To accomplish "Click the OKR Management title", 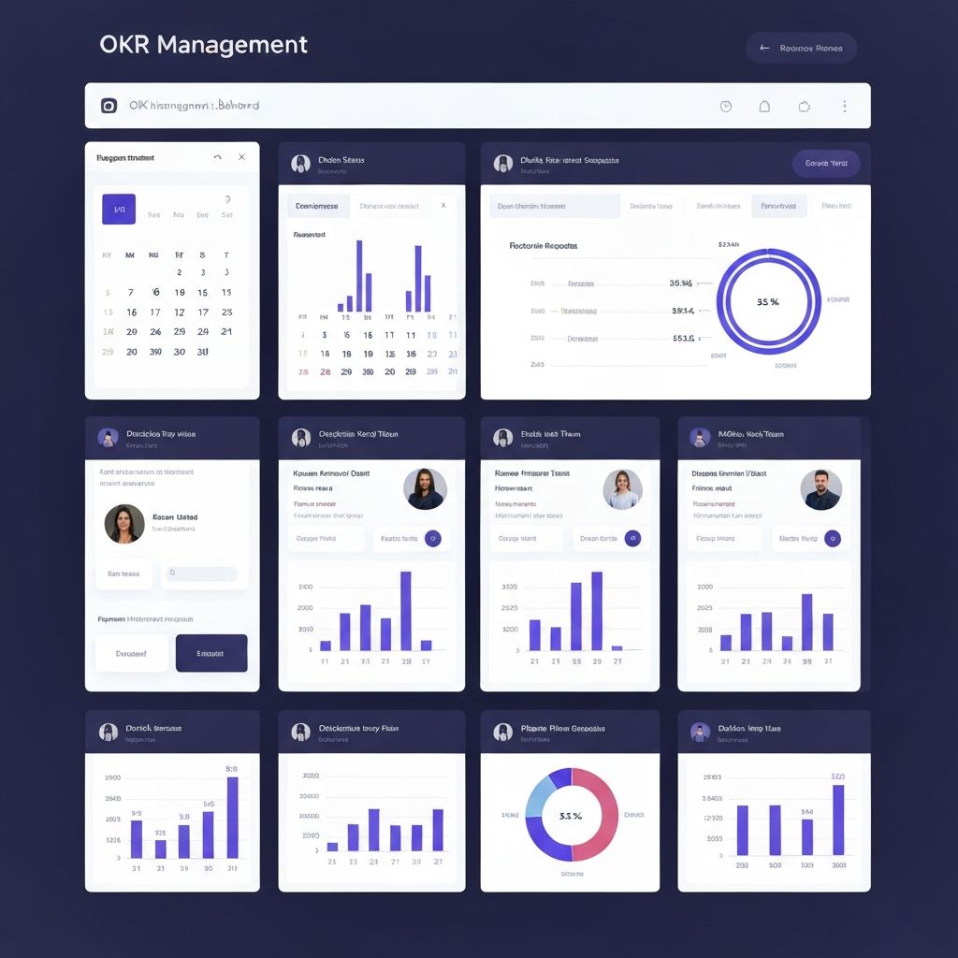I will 203,44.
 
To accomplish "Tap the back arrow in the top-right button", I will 764,48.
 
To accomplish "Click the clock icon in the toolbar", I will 726,107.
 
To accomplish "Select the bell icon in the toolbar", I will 764,107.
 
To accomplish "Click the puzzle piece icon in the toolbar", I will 804,107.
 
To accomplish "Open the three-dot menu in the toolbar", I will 845,107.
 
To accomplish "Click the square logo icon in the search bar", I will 109,106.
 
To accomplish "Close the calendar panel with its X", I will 241,157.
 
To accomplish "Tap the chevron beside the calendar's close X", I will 218,157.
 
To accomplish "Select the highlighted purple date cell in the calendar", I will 119,210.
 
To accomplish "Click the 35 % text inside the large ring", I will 768,302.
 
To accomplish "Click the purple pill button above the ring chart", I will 826,163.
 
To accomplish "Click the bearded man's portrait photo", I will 821,489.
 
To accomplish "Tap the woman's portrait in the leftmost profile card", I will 124,524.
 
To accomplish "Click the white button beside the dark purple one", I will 131,653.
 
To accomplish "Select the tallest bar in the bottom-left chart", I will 232,817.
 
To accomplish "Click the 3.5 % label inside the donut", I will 571,816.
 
